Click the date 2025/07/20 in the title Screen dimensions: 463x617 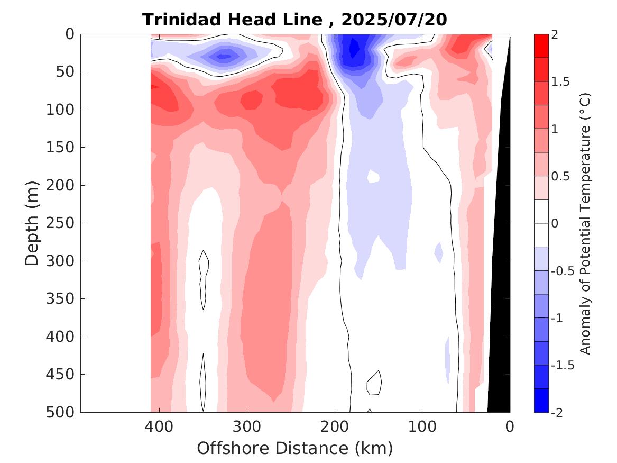pyautogui.click(x=394, y=20)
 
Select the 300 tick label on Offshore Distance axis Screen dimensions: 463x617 pyautogui.click(x=247, y=425)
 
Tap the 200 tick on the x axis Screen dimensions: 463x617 pyautogui.click(x=334, y=425)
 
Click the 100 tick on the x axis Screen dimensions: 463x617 pyautogui.click(x=422, y=425)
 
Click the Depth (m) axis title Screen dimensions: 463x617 pyautogui.click(x=32, y=223)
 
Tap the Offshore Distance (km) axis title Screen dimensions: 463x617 pyautogui.click(x=295, y=448)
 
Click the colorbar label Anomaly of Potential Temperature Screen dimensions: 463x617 pyautogui.click(x=585, y=223)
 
